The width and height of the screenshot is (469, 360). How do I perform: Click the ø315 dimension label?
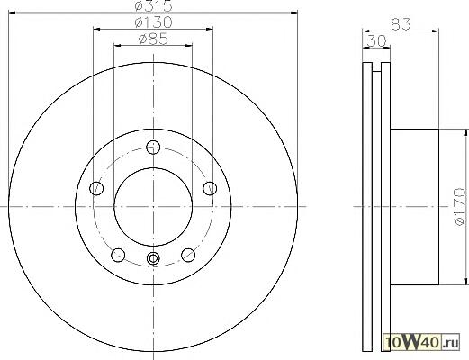pyautogui.click(x=153, y=6)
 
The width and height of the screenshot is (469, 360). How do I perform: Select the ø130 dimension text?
pyautogui.click(x=153, y=22)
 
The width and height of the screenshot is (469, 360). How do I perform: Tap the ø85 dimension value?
pyautogui.click(x=153, y=39)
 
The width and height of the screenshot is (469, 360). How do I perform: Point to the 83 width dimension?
pyautogui.click(x=401, y=24)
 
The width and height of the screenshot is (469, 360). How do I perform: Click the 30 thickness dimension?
pyautogui.click(x=376, y=40)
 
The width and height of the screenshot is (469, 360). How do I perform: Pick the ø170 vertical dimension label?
pyautogui.click(x=459, y=207)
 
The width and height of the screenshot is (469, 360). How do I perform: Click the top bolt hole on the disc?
pyautogui.click(x=153, y=147)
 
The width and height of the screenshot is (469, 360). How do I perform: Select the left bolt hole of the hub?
pyautogui.click(x=96, y=188)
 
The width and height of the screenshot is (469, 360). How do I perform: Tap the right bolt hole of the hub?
pyautogui.click(x=210, y=188)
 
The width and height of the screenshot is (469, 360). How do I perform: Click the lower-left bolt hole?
pyautogui.click(x=118, y=255)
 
